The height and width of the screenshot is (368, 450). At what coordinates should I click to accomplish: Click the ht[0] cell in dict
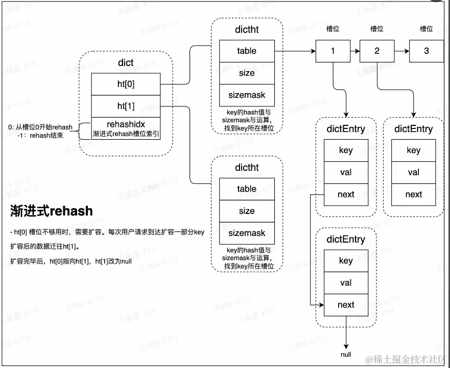126,84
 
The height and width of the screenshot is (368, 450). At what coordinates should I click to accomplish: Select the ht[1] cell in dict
126,106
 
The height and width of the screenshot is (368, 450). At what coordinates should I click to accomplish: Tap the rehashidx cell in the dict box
126,128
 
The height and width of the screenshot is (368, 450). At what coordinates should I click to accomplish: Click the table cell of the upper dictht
247,51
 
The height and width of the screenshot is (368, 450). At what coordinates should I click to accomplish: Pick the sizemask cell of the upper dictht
247,95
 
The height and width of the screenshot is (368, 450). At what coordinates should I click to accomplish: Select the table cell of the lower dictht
247,189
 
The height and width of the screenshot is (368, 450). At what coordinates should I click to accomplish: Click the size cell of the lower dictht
247,211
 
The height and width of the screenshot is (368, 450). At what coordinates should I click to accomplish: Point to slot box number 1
333,51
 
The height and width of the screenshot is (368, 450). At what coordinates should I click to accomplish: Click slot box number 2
377,51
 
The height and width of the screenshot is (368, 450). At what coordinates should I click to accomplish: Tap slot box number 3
427,51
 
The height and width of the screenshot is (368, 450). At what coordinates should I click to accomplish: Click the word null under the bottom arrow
346,354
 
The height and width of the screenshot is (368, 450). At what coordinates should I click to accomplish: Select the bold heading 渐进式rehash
52,211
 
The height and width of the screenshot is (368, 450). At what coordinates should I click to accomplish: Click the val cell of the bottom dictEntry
346,283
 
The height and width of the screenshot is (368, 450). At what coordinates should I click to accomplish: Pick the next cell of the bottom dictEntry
346,305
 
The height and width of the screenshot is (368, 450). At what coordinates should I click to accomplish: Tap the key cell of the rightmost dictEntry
413,150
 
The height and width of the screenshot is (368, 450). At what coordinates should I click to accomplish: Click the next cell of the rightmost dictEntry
413,194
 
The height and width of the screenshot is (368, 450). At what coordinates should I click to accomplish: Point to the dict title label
125,62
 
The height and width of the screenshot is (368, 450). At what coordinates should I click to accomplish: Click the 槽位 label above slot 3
427,29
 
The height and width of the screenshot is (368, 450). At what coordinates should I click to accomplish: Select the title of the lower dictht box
247,167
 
